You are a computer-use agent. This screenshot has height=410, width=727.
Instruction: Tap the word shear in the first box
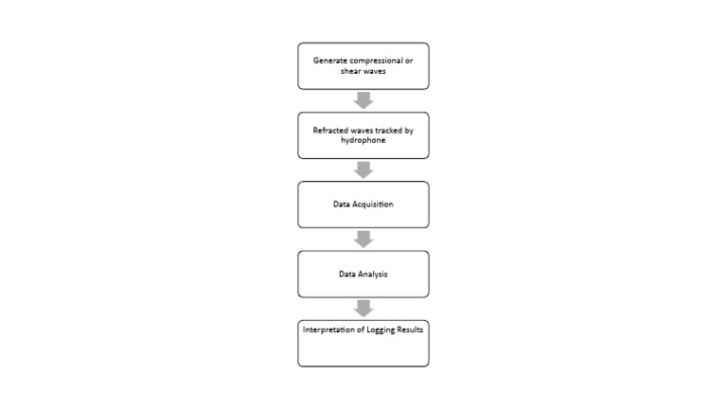(350, 71)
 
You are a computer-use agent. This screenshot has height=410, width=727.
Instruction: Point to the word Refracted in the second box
(330, 130)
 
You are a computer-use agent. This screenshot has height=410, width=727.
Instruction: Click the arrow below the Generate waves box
(363, 100)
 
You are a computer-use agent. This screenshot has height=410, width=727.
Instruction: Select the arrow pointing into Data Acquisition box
(363, 169)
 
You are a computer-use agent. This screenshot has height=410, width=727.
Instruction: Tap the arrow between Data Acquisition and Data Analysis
(363, 239)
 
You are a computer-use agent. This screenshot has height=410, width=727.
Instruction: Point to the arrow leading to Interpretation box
(363, 309)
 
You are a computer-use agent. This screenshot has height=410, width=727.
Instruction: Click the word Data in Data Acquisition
(341, 205)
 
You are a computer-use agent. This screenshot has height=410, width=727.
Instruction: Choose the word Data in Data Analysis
(347, 275)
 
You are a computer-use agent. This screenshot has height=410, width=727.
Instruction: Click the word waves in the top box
(374, 71)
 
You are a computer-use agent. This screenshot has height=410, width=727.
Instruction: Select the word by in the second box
(409, 130)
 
